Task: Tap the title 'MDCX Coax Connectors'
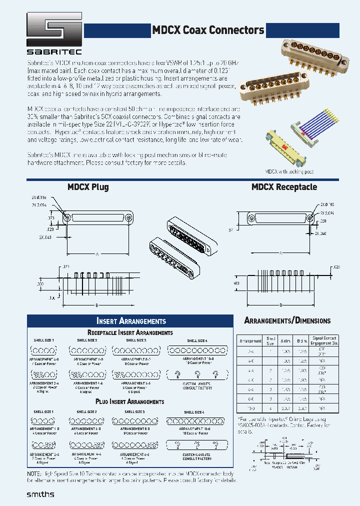[x=208, y=30]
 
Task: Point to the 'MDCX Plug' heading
[x=88, y=187]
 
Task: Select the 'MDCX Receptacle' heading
[x=284, y=187]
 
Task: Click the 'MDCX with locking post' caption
[x=289, y=171]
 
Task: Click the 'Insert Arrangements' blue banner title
[x=130, y=321]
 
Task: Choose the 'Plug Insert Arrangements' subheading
[x=130, y=401]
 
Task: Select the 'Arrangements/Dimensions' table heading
[x=287, y=320]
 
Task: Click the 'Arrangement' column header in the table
[x=250, y=341]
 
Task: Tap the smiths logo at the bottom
[x=40, y=494]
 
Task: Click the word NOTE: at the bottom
[x=35, y=473]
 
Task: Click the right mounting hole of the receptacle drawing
[x=310, y=218]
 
